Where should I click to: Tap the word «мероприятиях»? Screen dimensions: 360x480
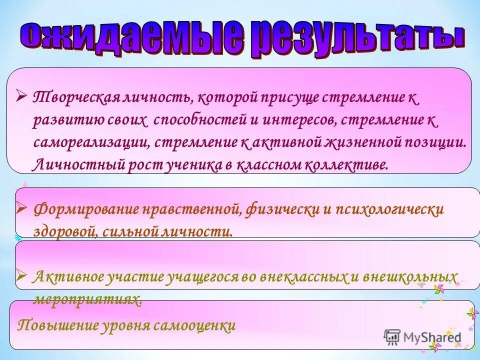click(x=87, y=299)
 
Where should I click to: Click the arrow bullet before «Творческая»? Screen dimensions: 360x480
click(x=21, y=93)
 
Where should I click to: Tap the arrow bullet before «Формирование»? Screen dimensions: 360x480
click(x=21, y=206)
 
